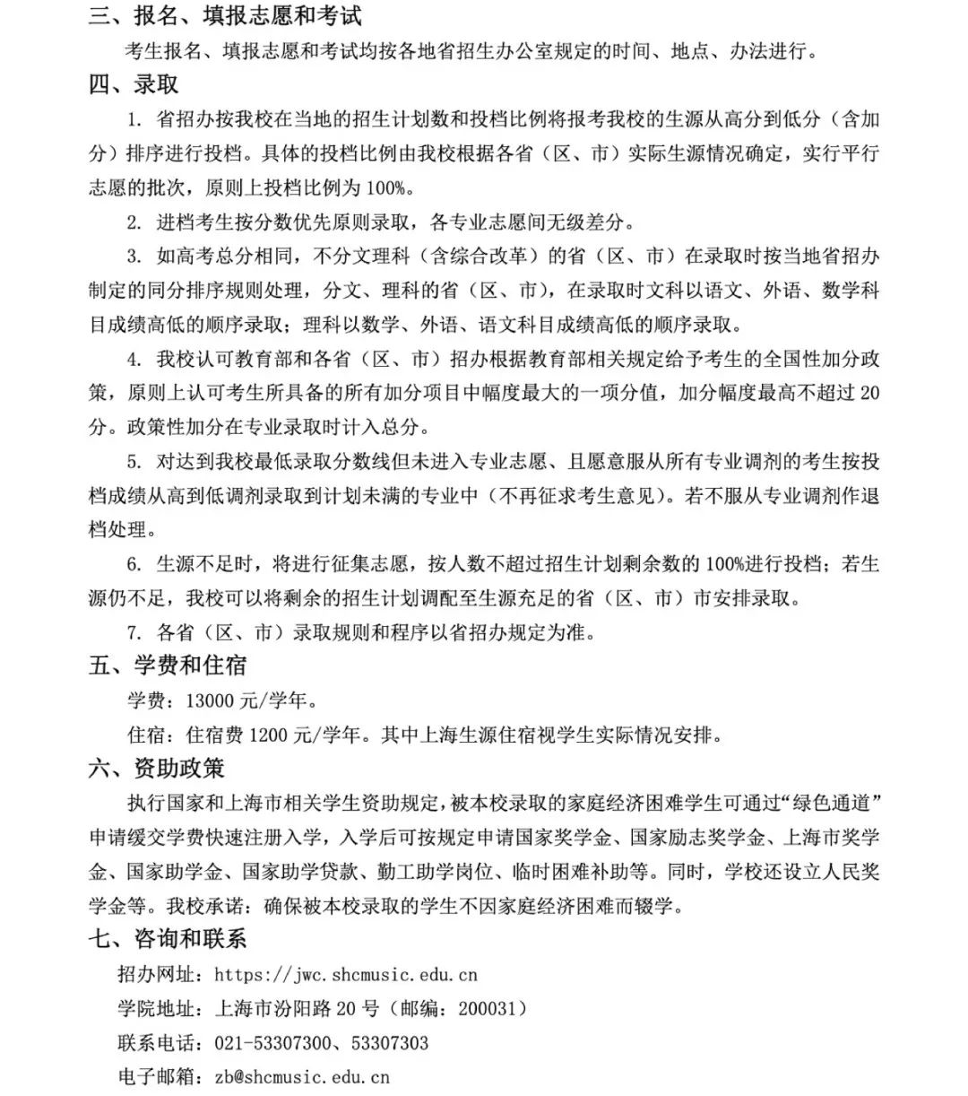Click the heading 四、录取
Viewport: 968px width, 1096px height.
tap(134, 85)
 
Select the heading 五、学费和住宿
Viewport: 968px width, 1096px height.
tap(168, 666)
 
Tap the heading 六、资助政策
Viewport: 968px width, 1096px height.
tap(156, 770)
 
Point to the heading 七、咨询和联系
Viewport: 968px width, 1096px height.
tap(168, 940)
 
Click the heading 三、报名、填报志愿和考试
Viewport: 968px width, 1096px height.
tap(225, 17)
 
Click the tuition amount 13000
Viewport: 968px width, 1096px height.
tap(210, 701)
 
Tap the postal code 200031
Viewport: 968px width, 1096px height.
tap(487, 1009)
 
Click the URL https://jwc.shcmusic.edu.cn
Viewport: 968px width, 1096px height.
tap(346, 975)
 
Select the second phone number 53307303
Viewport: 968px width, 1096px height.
tap(390, 1043)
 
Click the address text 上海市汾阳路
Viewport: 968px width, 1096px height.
tap(273, 1009)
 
